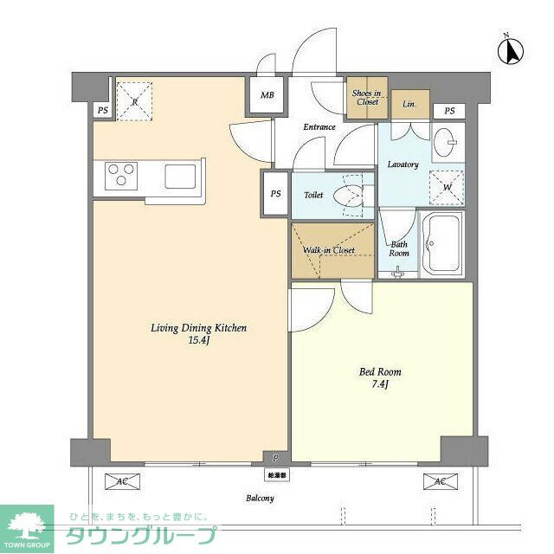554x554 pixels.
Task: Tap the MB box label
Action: pyautogui.click(x=267, y=95)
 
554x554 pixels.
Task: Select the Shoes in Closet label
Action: pyautogui.click(x=366, y=98)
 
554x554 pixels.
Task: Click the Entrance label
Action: pyautogui.click(x=319, y=127)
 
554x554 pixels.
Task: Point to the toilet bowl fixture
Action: pyautogui.click(x=353, y=194)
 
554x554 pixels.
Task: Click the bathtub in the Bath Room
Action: pyautogui.click(x=442, y=243)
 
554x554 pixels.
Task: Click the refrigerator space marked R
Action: pyautogui.click(x=134, y=100)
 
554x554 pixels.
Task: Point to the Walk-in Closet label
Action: pyautogui.click(x=329, y=251)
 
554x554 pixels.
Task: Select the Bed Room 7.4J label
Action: pyautogui.click(x=381, y=377)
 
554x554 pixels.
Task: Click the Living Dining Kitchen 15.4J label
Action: pyautogui.click(x=199, y=334)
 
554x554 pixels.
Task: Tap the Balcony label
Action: pyautogui.click(x=260, y=498)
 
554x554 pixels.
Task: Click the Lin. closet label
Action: pyautogui.click(x=409, y=104)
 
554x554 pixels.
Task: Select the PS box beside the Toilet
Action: pyautogui.click(x=275, y=194)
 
